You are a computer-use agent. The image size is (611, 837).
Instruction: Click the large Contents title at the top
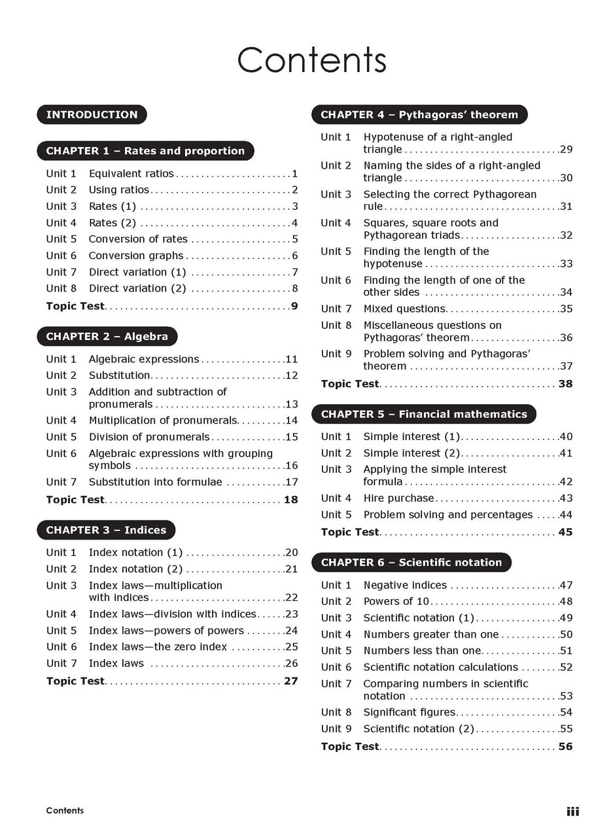[311, 60]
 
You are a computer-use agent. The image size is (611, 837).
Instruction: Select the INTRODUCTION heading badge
[92, 114]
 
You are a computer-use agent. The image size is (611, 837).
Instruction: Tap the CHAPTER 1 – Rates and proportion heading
[145, 151]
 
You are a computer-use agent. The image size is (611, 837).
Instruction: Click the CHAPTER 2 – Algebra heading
[107, 337]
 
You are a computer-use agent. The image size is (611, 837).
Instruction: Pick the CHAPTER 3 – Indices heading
[106, 530]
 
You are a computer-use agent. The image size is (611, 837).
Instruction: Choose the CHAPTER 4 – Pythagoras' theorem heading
[419, 114]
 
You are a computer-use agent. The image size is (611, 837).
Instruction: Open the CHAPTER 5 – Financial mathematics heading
[423, 414]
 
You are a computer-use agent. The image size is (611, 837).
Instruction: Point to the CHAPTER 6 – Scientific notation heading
[411, 562]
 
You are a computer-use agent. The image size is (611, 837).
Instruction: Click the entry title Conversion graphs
[136, 256]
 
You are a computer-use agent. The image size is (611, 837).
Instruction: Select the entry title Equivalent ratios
[131, 174]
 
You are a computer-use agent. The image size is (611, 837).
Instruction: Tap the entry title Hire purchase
[398, 498]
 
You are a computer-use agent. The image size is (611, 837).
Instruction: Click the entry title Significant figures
[410, 712]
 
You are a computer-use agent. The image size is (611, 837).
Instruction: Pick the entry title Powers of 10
[396, 602]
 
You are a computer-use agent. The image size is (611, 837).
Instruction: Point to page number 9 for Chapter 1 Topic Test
[294, 306]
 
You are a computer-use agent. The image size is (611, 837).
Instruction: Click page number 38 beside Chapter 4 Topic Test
[565, 384]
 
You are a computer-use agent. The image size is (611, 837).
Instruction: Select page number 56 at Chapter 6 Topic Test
[565, 747]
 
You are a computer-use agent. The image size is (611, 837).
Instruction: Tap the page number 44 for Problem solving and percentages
[566, 515]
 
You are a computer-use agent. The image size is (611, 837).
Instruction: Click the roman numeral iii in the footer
[572, 811]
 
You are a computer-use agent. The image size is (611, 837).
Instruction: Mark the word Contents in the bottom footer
[65, 811]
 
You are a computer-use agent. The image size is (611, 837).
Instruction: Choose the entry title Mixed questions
[404, 309]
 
